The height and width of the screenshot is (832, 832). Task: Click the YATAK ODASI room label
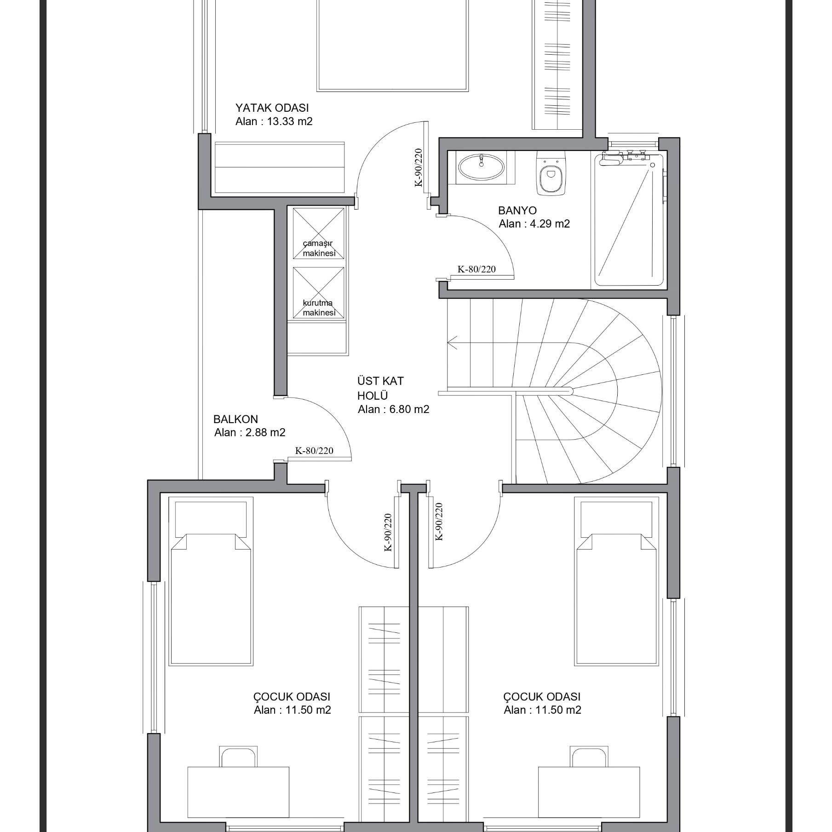coord(272,108)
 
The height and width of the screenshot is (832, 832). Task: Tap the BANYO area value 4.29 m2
coord(534,224)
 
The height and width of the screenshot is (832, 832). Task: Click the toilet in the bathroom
coord(551,174)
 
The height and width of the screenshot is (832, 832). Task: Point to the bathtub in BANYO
coord(628,220)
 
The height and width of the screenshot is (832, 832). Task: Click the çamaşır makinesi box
coord(318,234)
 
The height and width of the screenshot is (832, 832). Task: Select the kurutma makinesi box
coord(318,293)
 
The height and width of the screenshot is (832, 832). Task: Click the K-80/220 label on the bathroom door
coord(476,269)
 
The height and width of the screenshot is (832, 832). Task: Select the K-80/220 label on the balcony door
coord(314,451)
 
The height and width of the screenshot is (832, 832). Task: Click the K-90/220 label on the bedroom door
coord(419,167)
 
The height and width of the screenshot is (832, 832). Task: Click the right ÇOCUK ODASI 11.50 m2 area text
coord(542,710)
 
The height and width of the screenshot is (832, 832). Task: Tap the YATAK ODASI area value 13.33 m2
coord(274,122)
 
